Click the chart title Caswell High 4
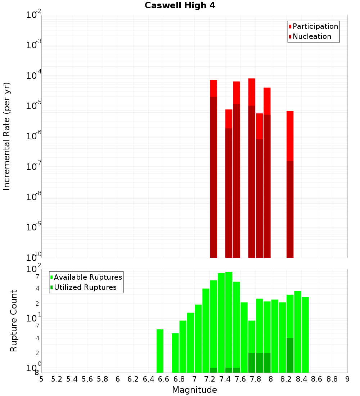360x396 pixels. click(180, 6)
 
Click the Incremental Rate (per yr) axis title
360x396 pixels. click(7, 136)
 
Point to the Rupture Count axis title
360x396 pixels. click(14, 321)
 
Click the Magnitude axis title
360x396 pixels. click(194, 390)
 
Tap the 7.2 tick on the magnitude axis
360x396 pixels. click(210, 379)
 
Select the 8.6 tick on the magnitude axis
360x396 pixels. click(317, 379)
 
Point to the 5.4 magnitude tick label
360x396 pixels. click(72, 379)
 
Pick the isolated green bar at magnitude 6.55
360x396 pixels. click(160, 351)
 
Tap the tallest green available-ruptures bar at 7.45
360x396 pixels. click(229, 320)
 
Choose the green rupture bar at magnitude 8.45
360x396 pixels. click(305, 335)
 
